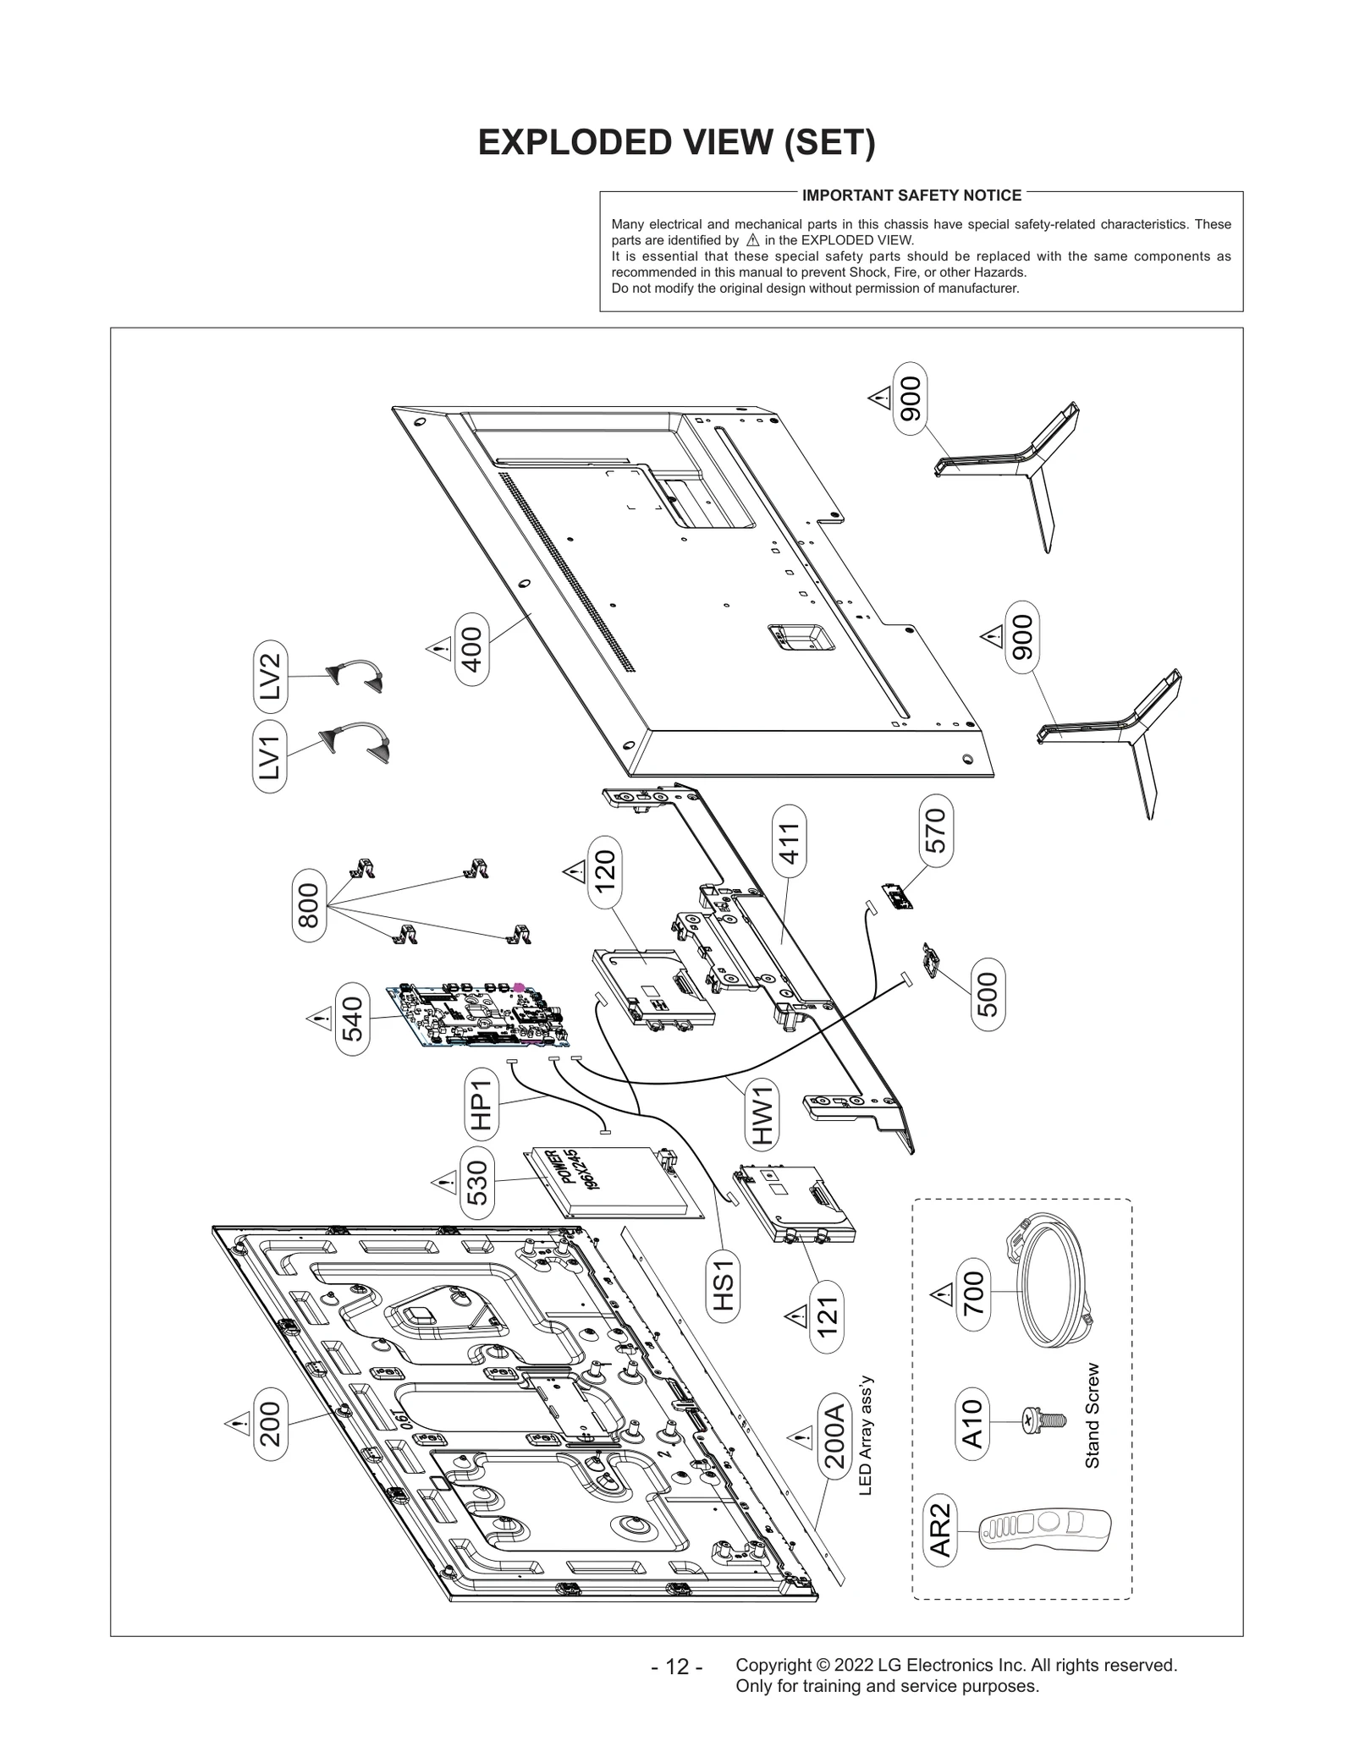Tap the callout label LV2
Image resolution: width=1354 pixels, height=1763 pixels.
[270, 676]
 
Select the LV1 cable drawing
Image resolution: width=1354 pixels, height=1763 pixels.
[356, 742]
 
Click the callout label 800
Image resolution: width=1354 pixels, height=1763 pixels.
[309, 904]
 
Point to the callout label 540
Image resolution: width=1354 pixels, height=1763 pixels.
[352, 1019]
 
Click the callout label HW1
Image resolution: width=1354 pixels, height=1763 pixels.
[762, 1114]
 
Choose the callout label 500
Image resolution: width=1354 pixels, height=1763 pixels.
[988, 994]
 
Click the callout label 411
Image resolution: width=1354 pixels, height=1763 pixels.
[789, 841]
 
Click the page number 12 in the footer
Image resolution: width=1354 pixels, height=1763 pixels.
[676, 1667]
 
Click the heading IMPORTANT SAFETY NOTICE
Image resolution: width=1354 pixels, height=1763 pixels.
[911, 195]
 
